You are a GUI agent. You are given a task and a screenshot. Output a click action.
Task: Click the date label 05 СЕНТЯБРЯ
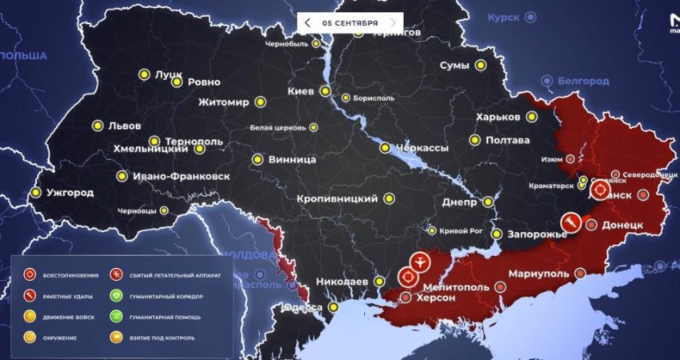click(350, 23)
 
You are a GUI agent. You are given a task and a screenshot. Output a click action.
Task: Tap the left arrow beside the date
click(308, 23)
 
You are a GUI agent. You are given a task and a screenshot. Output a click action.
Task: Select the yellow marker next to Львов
click(98, 126)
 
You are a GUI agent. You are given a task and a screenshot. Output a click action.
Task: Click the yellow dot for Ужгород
click(35, 193)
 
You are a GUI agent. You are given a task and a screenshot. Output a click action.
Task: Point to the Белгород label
click(583, 81)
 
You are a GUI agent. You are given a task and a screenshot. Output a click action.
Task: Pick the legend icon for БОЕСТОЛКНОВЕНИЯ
click(29, 275)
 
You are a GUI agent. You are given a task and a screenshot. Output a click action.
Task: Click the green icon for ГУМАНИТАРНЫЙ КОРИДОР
click(116, 296)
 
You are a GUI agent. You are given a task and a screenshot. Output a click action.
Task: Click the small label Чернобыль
click(286, 43)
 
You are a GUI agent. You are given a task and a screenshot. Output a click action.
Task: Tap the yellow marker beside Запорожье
click(497, 234)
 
